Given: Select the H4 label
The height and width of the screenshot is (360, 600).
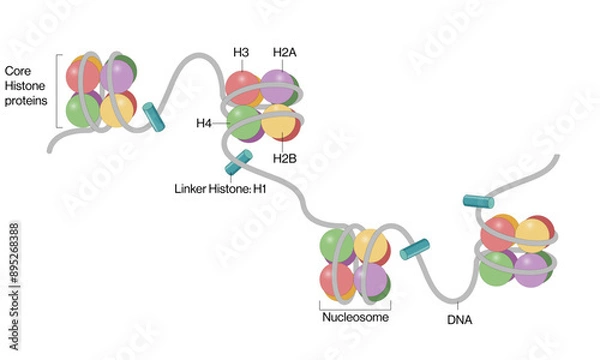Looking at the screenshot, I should click(203, 123).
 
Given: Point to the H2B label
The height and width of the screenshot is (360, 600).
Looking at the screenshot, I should click(285, 157).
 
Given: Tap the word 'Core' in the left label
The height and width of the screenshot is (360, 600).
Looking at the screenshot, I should click(20, 71).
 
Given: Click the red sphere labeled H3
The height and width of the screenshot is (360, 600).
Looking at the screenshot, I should click(243, 87).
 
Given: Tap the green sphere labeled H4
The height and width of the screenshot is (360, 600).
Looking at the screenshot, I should click(243, 122).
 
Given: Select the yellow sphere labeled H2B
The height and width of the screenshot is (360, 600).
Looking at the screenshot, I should click(279, 122).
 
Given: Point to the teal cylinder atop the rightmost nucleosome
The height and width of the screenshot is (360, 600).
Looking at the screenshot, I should click(478, 203).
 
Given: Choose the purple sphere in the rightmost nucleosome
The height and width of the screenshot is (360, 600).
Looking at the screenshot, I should click(532, 267).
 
